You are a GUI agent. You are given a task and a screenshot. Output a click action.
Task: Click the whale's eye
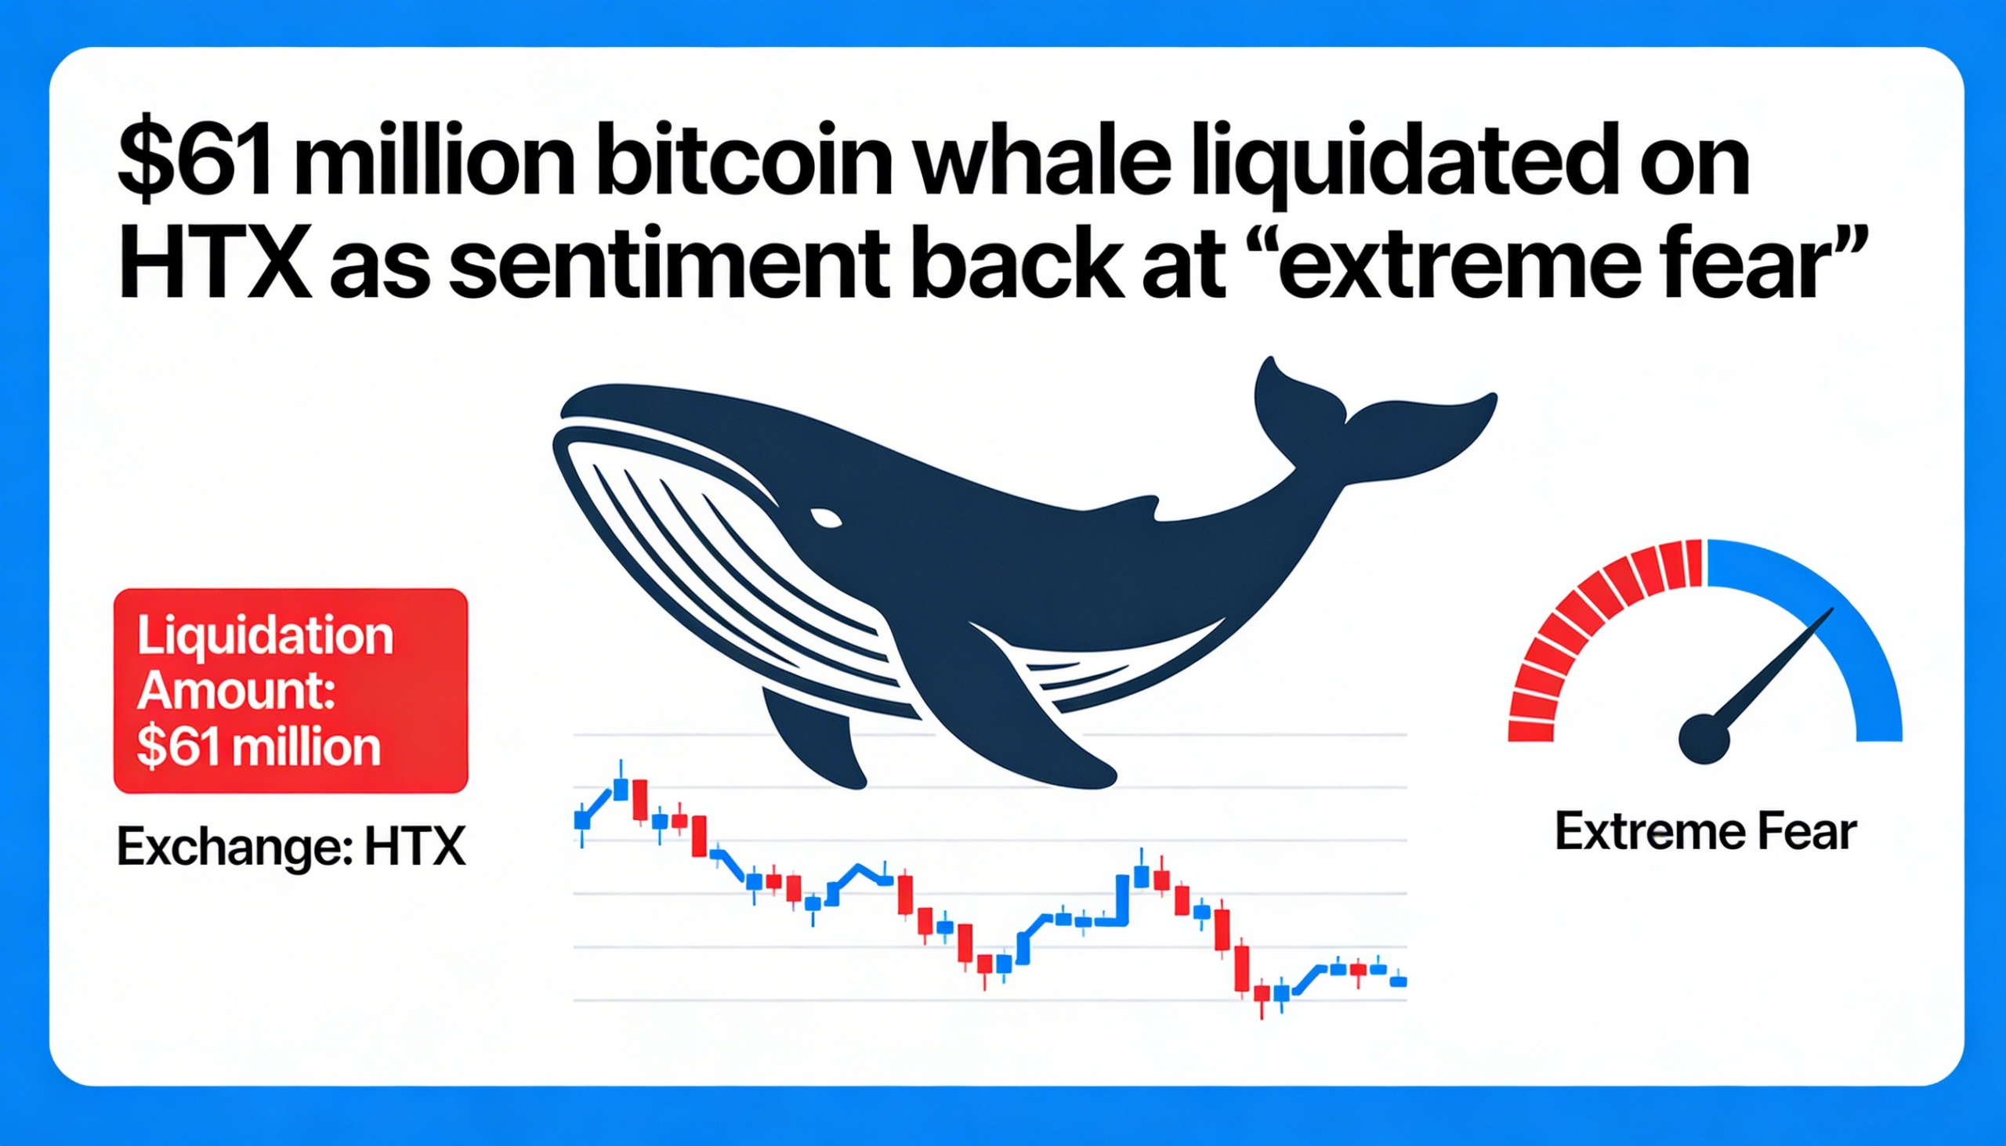pyautogui.click(x=826, y=517)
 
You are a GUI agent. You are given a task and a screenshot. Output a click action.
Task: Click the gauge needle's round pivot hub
pyautogui.click(x=1704, y=739)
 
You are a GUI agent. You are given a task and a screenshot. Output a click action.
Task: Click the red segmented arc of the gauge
pyautogui.click(x=1582, y=630)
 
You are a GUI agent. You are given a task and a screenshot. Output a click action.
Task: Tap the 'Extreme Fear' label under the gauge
pyautogui.click(x=1707, y=833)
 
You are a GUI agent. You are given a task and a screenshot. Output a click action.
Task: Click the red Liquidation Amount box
pyautogui.click(x=291, y=691)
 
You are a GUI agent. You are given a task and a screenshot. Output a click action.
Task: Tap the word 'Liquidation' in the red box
pyautogui.click(x=266, y=636)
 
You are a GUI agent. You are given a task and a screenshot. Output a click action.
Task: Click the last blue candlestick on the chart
pyautogui.click(x=1398, y=981)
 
